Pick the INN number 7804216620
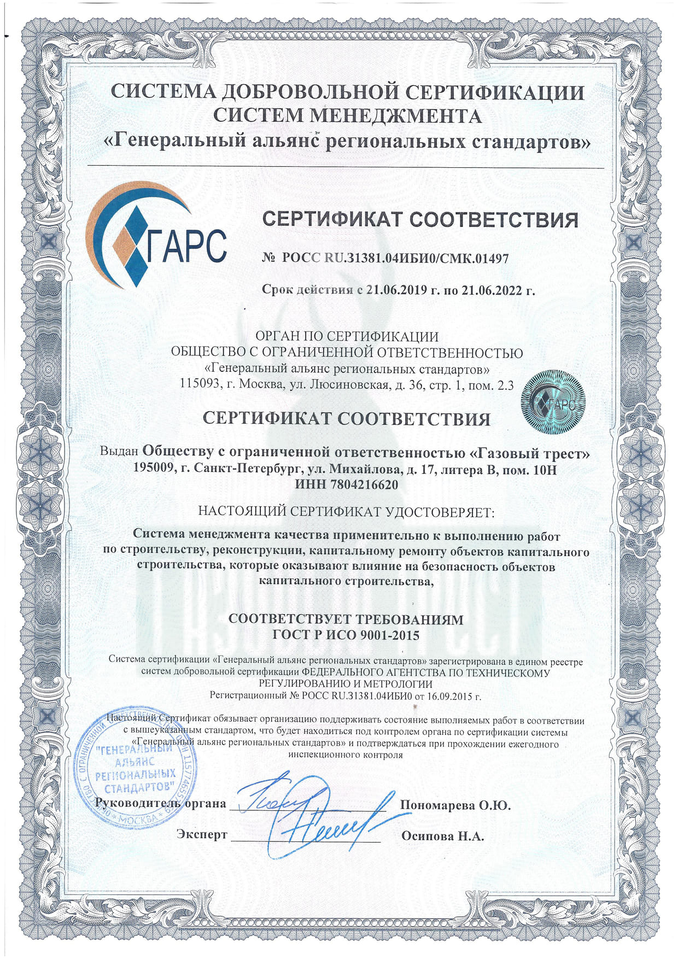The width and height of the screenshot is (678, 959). pos(362,484)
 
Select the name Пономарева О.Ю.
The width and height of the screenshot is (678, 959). pos(455,805)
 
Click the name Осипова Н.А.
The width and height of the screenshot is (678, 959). pos(442,835)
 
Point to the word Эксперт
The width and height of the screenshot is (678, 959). pos(201,834)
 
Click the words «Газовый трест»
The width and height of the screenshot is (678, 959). pos(530,453)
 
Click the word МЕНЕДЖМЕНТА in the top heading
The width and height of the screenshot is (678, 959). pos(396,115)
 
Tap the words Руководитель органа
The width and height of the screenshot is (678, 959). pos(160,803)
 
